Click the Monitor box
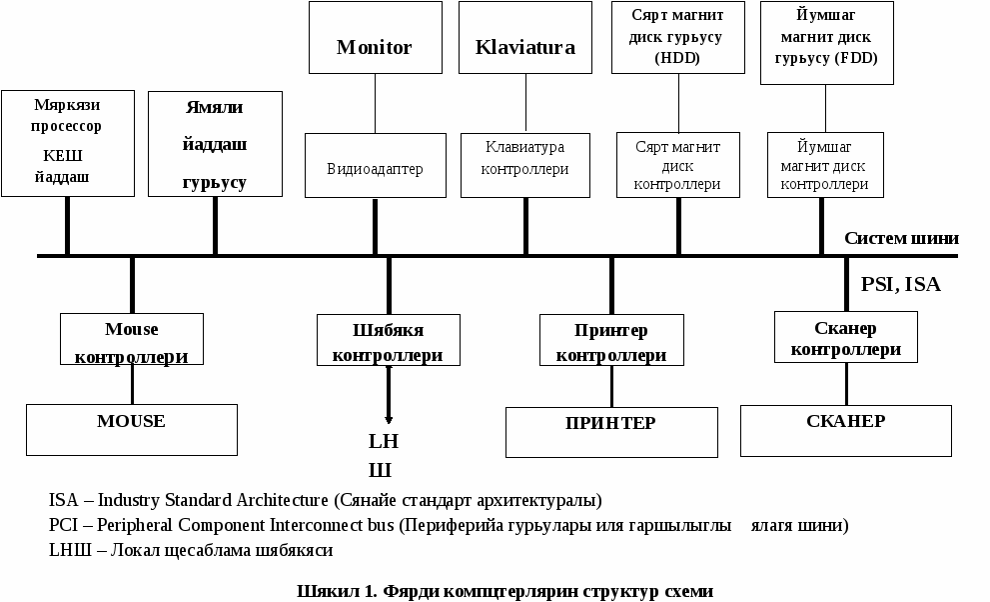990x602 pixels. click(x=375, y=37)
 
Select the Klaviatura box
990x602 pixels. click(x=525, y=37)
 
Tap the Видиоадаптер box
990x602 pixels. click(x=376, y=166)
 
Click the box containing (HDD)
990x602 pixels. click(x=678, y=37)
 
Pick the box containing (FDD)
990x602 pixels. click(x=827, y=43)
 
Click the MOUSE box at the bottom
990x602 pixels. click(x=132, y=430)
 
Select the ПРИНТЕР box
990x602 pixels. click(x=611, y=432)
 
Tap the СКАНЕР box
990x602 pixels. click(x=846, y=431)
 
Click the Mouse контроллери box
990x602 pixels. click(x=132, y=339)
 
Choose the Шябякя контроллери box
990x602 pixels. click(x=389, y=340)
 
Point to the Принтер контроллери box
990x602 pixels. click(x=611, y=340)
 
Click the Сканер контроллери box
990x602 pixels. click(x=846, y=337)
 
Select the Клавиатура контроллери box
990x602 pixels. click(x=525, y=166)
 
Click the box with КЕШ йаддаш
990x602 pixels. click(x=68, y=143)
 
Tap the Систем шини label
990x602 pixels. click(x=902, y=238)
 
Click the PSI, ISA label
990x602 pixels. click(x=901, y=284)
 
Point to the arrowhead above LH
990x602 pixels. click(x=389, y=419)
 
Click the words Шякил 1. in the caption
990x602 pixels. click(x=337, y=591)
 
